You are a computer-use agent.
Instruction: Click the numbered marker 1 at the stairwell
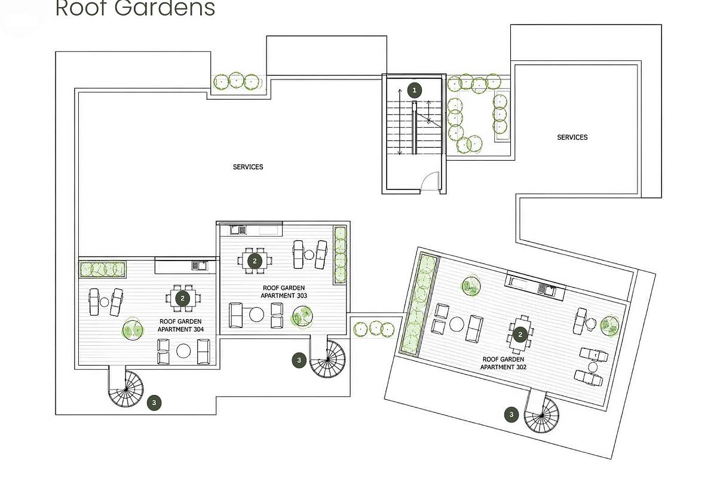pyautogui.click(x=414, y=90)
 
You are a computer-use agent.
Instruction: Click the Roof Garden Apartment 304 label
pyautogui.click(x=180, y=325)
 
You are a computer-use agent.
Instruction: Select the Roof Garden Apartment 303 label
pyautogui.click(x=284, y=292)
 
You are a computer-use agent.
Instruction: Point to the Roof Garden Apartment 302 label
pyautogui.click(x=503, y=363)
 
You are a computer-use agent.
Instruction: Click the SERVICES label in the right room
pyautogui.click(x=572, y=137)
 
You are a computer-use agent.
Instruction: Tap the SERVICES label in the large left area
pyautogui.click(x=248, y=167)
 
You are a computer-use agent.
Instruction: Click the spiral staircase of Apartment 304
pyautogui.click(x=126, y=389)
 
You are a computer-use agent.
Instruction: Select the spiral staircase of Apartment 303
pyautogui.click(x=327, y=359)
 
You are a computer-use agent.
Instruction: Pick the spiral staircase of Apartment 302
pyautogui.click(x=541, y=415)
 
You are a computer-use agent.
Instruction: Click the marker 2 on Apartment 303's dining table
pyautogui.click(x=255, y=261)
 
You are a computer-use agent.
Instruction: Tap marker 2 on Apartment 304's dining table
pyautogui.click(x=182, y=298)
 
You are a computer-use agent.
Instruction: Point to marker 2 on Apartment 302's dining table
pyautogui.click(x=520, y=335)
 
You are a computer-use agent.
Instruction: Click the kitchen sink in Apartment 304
pyautogui.click(x=199, y=265)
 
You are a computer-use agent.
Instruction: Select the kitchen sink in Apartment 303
pyautogui.click(x=238, y=230)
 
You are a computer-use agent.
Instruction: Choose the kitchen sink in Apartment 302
pyautogui.click(x=547, y=290)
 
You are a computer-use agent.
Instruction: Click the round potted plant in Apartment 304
pyautogui.click(x=132, y=329)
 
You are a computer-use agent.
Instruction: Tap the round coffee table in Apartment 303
pyautogui.click(x=256, y=314)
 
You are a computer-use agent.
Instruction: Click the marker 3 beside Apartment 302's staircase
pyautogui.click(x=511, y=415)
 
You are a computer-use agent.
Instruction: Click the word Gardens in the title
pyautogui.click(x=164, y=8)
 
